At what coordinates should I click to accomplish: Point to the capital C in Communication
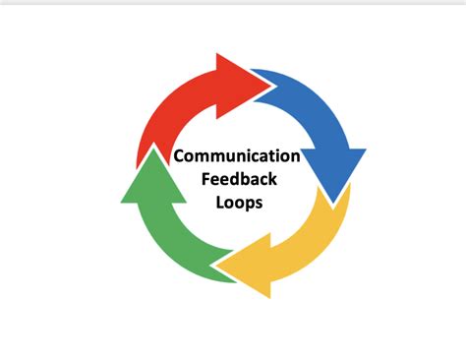coord(180,155)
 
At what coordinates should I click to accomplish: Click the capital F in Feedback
coord(204,180)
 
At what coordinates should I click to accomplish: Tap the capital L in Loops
coord(216,204)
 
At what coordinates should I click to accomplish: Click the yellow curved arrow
coord(295,246)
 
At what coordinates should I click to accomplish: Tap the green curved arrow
coord(167,231)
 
